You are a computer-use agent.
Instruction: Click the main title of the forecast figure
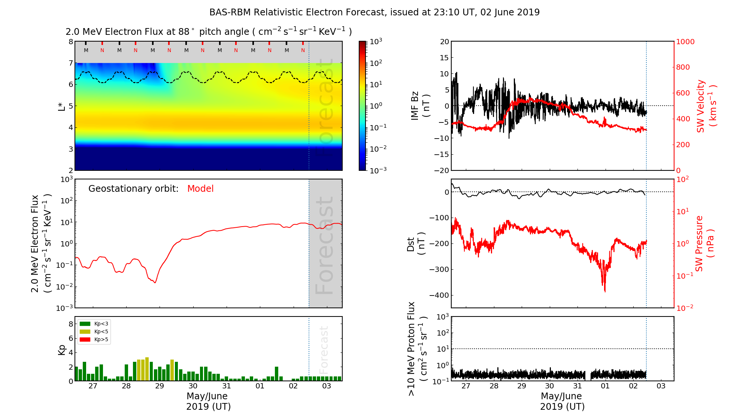click(374, 12)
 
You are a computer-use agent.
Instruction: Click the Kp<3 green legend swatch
click(85, 324)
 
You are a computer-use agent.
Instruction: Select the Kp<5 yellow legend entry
click(94, 331)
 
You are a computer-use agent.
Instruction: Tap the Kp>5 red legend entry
click(94, 340)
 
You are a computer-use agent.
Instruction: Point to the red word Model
click(200, 189)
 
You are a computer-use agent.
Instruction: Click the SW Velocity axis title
click(706, 106)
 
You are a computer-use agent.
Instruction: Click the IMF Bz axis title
click(420, 106)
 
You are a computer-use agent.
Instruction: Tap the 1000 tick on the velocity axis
click(685, 42)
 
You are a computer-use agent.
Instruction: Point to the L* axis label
click(62, 106)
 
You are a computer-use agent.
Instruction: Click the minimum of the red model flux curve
click(155, 282)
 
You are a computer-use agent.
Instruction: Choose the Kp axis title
click(62, 349)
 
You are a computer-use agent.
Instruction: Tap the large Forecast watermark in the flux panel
click(324, 245)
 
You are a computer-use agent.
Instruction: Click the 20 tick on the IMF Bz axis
click(444, 42)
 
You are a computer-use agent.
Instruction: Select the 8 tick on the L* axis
click(70, 42)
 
